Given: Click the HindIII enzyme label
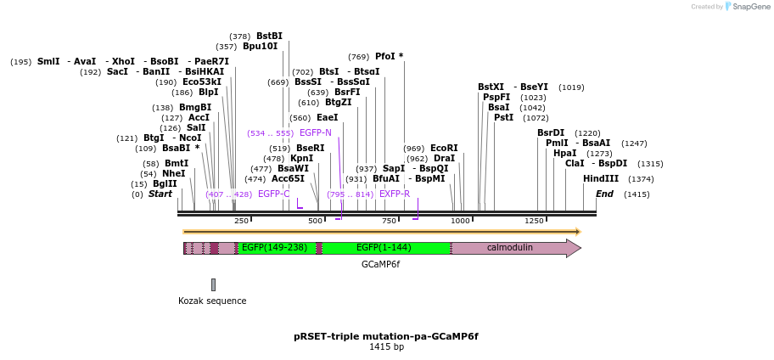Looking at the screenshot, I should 600,179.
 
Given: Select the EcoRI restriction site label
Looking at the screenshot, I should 444,148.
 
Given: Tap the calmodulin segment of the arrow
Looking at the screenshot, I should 509,248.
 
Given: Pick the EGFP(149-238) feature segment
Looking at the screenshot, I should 274,248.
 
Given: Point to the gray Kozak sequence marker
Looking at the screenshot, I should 213,284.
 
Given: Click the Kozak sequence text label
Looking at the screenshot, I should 212,301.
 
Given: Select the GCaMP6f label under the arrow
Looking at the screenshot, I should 380,265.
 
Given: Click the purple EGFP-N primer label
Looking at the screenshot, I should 315,133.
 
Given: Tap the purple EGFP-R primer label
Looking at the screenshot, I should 395,194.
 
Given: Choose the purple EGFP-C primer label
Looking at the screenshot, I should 273,194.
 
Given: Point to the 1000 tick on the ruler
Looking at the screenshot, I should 460,221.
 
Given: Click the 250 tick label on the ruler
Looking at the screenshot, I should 241,221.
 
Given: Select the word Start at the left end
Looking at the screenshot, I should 160,194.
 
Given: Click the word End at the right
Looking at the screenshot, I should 604,194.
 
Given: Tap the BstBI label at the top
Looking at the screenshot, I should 269,37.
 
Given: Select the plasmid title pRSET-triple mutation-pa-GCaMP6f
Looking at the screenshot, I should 386,336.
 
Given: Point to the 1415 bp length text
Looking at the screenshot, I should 386,347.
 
